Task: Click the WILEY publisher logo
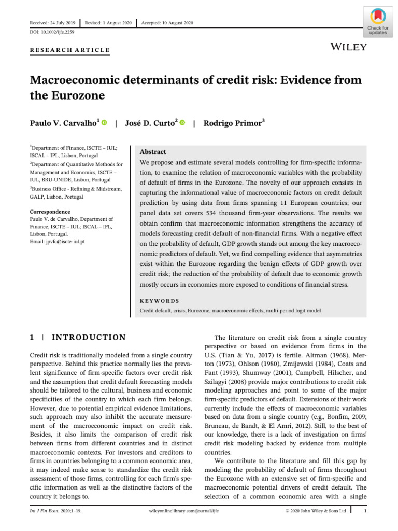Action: pyautogui.click(x=348, y=47)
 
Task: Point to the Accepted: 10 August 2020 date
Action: pyautogui.click(x=167, y=23)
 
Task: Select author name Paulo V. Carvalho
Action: pyautogui.click(x=64, y=123)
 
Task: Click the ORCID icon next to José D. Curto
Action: pyautogui.click(x=182, y=123)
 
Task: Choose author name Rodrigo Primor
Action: pyautogui.click(x=233, y=123)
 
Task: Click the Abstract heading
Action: pyautogui.click(x=153, y=152)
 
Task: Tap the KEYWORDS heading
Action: pyautogui.click(x=160, y=300)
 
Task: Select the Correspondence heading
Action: pyautogui.click(x=50, y=212)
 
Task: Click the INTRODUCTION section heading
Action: pyautogui.click(x=90, y=338)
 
